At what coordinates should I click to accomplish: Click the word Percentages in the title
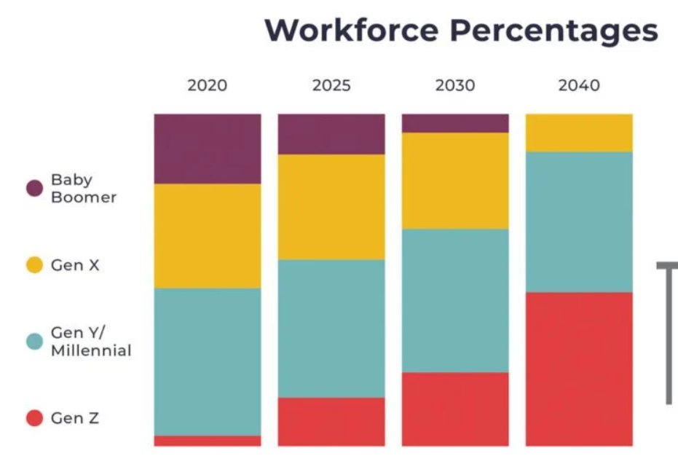point(553,31)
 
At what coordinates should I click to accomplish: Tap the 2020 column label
point(207,85)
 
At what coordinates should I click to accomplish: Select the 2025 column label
point(331,85)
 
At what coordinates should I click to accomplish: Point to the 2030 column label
point(455,85)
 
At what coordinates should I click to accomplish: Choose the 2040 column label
point(579,85)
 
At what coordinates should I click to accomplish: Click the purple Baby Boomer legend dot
point(34,189)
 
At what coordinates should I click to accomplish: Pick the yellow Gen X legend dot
point(34,265)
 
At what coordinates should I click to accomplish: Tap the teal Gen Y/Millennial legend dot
point(34,342)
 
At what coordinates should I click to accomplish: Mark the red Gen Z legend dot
point(34,418)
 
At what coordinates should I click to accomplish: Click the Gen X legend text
point(75,265)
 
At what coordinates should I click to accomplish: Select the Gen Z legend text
point(75,418)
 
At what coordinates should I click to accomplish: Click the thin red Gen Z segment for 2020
point(207,441)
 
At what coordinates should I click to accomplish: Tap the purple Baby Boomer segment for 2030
point(455,123)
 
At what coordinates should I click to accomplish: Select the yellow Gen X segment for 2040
point(579,133)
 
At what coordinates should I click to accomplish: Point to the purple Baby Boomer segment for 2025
point(331,134)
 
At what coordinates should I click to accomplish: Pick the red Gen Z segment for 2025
point(331,422)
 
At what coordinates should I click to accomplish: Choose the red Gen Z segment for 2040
point(579,369)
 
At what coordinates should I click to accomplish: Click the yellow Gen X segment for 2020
point(207,236)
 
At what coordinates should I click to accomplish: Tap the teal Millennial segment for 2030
point(455,300)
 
